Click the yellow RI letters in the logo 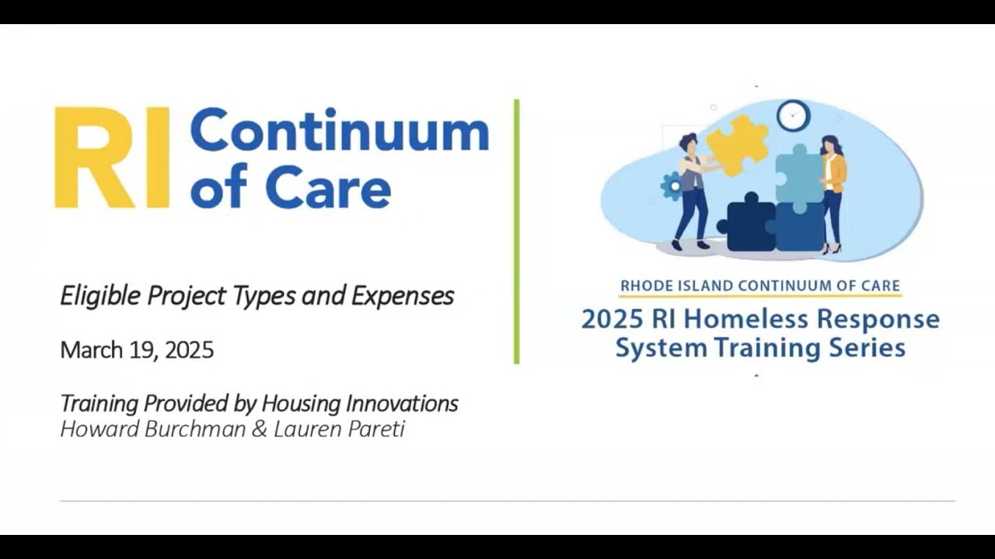coord(111,158)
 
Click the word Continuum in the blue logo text coord(340,132)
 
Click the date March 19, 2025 coord(137,350)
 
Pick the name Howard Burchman coord(152,429)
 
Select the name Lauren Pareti coord(339,429)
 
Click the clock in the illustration coord(793,116)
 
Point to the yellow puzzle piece coord(737,146)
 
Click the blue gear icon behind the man coord(670,187)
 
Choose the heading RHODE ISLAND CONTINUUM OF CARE coord(759,286)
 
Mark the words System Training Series coord(759,347)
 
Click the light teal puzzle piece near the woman coord(798,175)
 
